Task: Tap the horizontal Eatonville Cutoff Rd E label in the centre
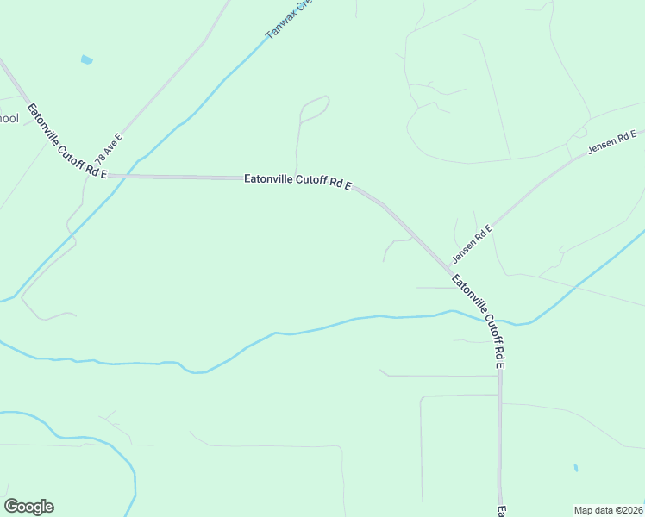pos(298,181)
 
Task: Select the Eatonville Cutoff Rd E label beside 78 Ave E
pos(67,141)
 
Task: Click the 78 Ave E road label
pos(110,148)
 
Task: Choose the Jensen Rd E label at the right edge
pos(611,142)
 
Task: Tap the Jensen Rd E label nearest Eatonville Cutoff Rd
pos(472,245)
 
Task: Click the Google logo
pos(28,507)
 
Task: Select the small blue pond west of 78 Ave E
pos(86,59)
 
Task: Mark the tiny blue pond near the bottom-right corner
pos(575,469)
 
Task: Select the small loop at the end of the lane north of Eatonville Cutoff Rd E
pos(316,108)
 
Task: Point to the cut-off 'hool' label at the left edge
pos(9,118)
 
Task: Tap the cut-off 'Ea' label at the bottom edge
pos(500,510)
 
